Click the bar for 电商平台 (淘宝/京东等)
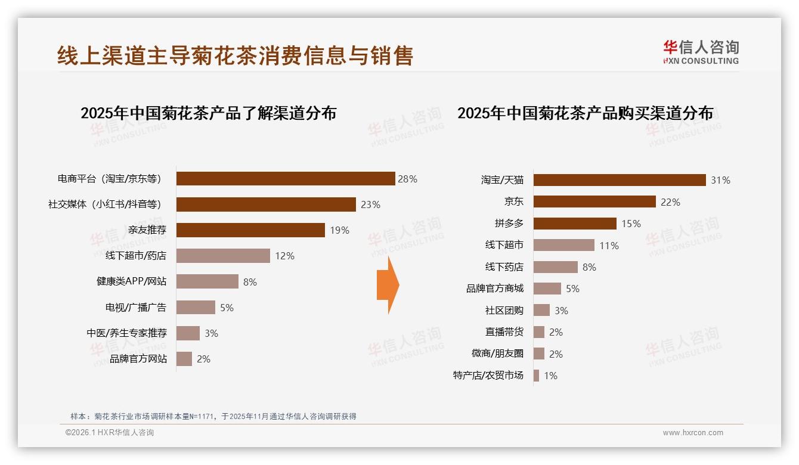tap(286, 179)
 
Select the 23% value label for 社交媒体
tap(370, 204)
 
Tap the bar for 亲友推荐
tap(250, 230)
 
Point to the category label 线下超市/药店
tap(136, 256)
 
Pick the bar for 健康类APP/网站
tap(208, 281)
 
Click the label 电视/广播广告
tap(136, 308)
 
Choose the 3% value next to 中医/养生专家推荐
tap(211, 333)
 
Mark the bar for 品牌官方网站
tap(184, 359)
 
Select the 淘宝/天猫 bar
tap(620, 180)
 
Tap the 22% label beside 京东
tap(670, 202)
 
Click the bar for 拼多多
tap(575, 224)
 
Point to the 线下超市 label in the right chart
tap(504, 245)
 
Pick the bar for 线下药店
tap(556, 267)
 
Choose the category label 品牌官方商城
tap(495, 289)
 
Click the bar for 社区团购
tap(541, 310)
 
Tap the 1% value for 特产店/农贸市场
tap(550, 376)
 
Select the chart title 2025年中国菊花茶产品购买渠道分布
tap(585, 113)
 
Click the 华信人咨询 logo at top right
tap(701, 52)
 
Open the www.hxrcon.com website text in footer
tap(693, 433)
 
